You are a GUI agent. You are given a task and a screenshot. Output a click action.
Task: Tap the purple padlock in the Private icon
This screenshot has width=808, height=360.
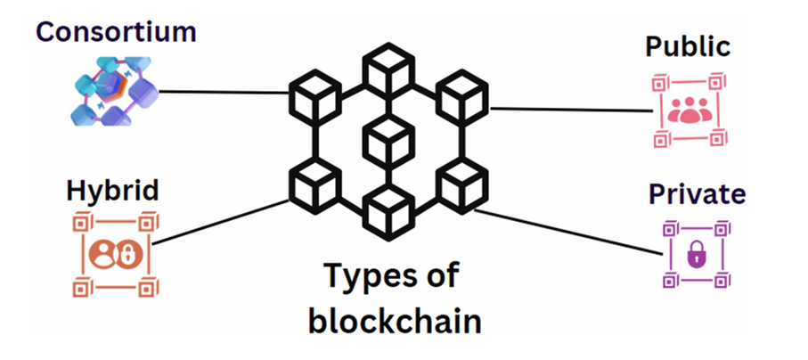pos(695,256)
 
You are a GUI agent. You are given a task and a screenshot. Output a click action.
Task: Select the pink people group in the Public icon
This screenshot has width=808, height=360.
pos(686,111)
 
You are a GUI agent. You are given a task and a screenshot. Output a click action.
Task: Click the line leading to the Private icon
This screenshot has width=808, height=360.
pos(570,231)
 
